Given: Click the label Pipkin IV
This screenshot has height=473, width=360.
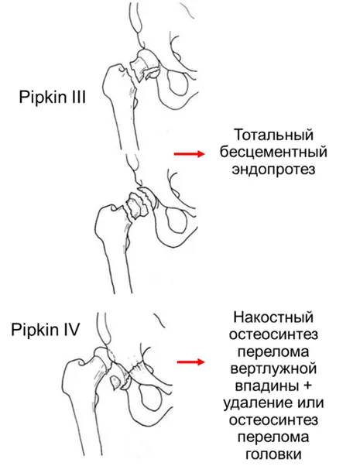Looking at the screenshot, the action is click(x=46, y=330).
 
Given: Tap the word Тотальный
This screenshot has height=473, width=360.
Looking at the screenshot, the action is click(x=274, y=135).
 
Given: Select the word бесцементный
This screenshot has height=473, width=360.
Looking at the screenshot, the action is click(x=273, y=152).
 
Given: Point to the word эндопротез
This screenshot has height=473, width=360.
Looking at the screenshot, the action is click(x=273, y=170).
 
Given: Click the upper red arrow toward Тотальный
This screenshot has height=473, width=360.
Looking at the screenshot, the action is click(x=190, y=154).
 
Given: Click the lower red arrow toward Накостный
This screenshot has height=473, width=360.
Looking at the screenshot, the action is click(x=190, y=362).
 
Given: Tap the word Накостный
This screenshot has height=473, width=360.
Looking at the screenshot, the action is click(x=273, y=317).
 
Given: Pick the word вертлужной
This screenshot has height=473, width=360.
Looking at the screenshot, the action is click(x=273, y=368).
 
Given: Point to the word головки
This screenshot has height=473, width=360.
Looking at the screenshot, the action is click(x=273, y=454).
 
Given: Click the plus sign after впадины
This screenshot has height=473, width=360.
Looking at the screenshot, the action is click(x=306, y=386).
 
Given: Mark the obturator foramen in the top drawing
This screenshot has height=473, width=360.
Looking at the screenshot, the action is click(x=178, y=83).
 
